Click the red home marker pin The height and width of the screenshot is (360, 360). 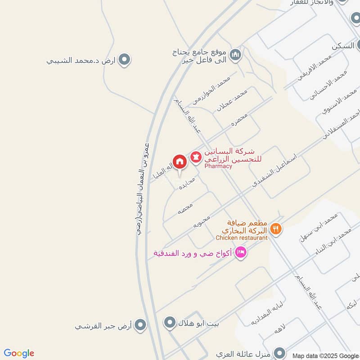180,162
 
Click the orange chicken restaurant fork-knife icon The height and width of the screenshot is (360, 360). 276,229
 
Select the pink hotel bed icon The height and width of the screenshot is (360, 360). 241,252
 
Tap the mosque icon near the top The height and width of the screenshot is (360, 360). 235,55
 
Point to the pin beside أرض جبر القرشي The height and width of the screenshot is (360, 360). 141,324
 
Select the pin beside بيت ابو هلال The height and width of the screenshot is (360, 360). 170,322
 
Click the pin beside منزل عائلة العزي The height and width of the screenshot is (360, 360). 280,352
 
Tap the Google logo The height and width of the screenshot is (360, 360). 18,353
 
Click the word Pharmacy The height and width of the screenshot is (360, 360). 218,166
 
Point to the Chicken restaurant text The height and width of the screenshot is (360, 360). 242,238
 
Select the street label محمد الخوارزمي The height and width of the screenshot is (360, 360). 211,90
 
